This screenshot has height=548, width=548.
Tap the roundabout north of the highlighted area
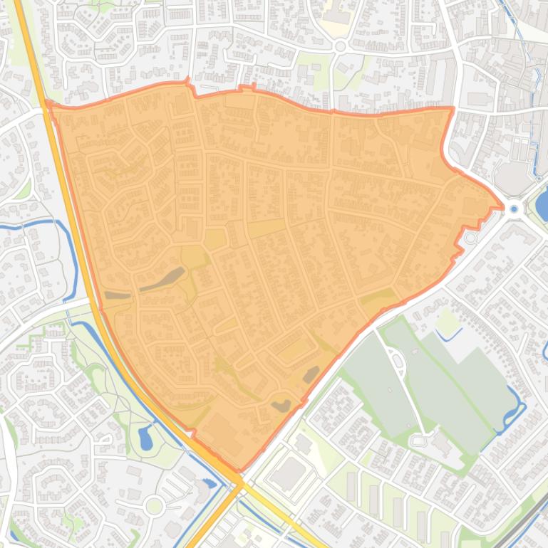coord(340,46)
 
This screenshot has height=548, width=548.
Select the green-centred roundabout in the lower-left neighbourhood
coord(154,506)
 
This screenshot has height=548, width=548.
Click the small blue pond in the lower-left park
coord(146,438)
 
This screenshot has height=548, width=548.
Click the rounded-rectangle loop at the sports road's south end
coord(418,441)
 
